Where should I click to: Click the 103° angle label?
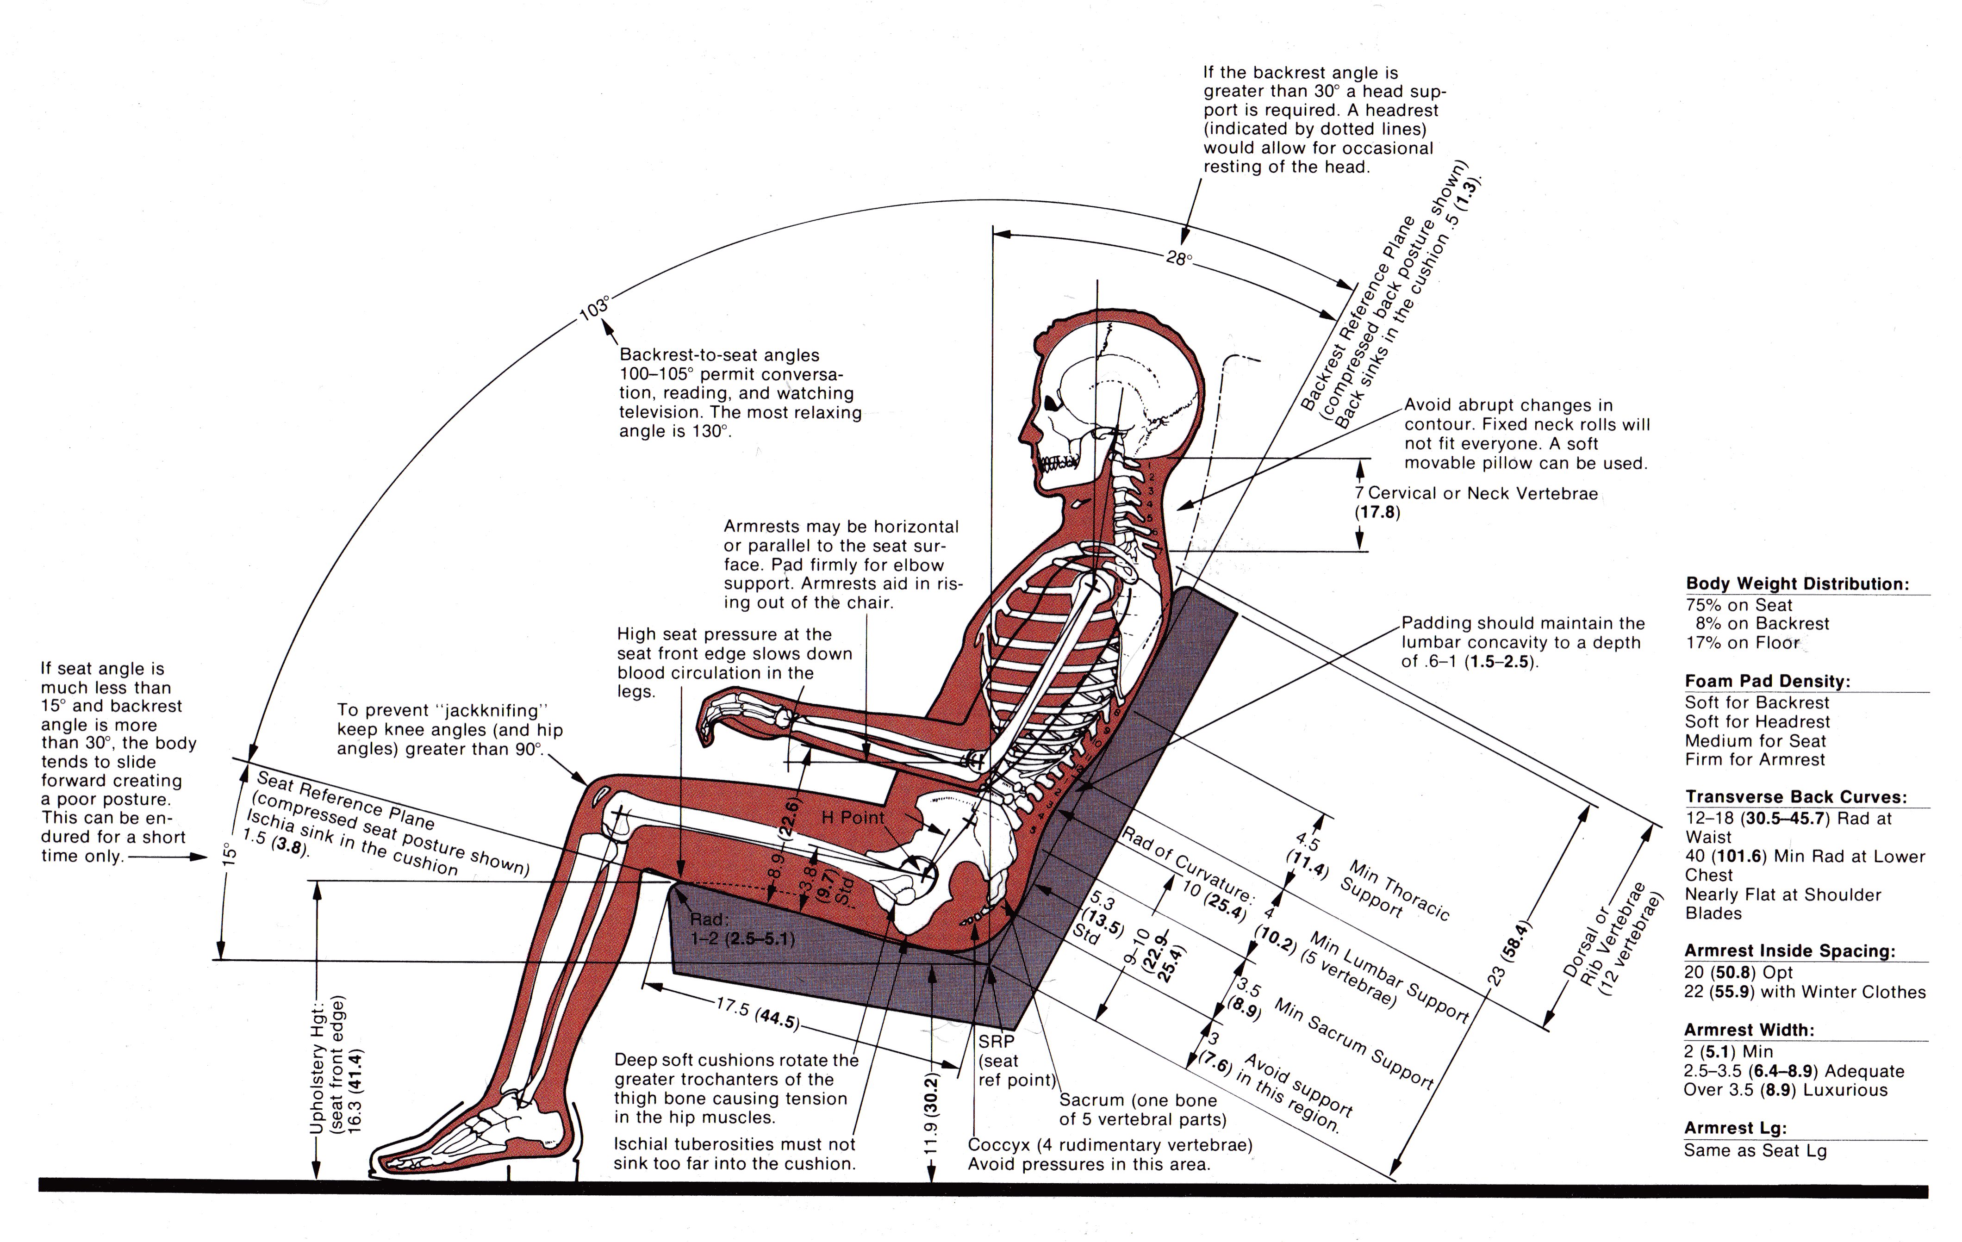coord(594,308)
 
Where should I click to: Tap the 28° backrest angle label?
coord(1179,259)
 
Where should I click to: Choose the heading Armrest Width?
coord(1749,1030)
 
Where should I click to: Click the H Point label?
coord(852,818)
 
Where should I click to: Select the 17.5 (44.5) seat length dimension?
coord(758,1013)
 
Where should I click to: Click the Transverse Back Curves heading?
coord(1796,797)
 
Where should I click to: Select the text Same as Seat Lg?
coord(1755,1151)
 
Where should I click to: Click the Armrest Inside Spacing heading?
coord(1789,951)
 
